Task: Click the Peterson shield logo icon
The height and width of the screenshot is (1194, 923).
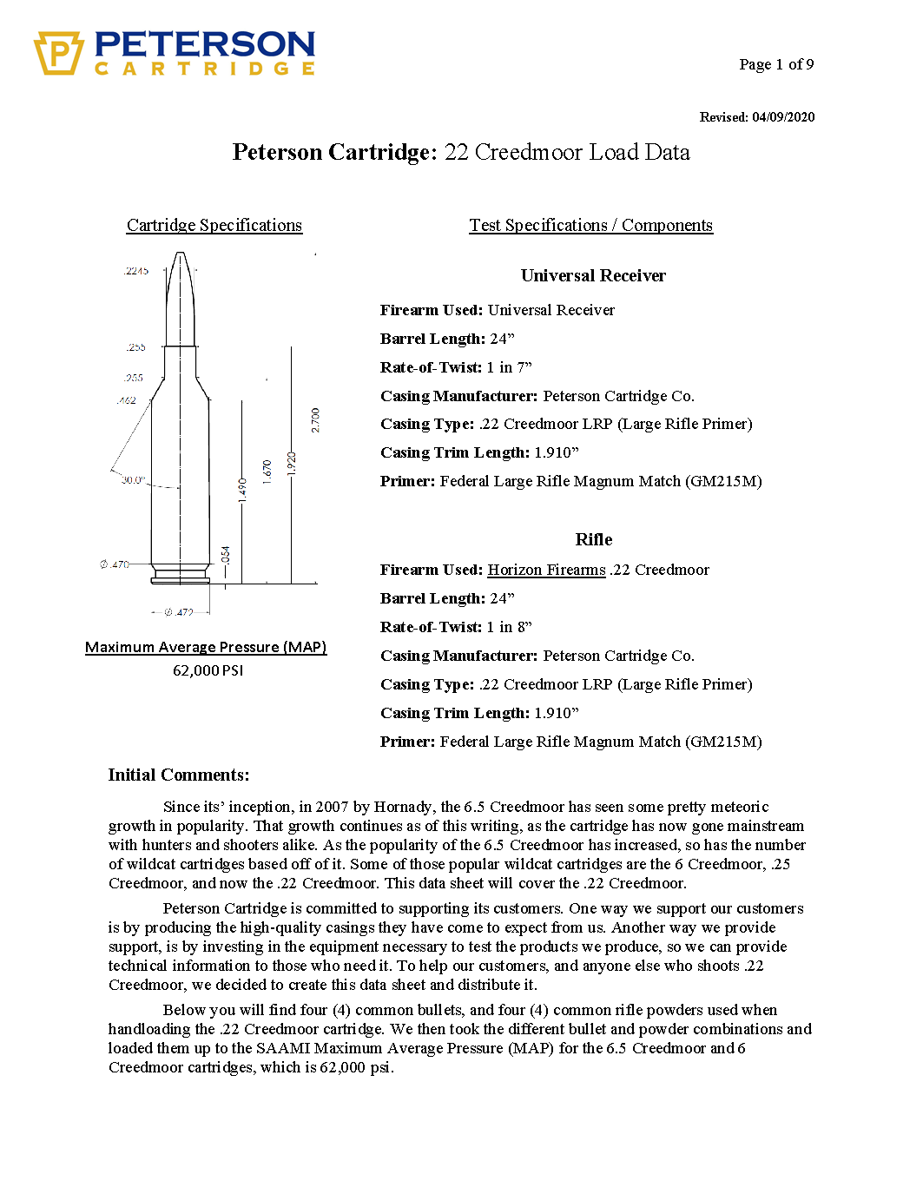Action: (58, 53)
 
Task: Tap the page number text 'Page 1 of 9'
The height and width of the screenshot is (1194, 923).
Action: (776, 64)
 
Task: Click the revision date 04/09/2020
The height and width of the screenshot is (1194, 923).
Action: (783, 117)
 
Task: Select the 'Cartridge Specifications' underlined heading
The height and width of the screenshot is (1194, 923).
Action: (214, 226)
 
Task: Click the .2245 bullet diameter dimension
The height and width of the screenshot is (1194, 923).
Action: (136, 271)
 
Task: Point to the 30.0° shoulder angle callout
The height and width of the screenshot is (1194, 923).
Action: (133, 479)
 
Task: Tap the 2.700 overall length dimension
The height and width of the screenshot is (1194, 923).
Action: (315, 420)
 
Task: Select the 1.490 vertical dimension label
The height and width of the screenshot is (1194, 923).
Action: (242, 490)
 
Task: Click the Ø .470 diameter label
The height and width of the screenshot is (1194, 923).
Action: (115, 564)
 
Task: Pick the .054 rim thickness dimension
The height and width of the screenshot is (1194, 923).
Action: (226, 555)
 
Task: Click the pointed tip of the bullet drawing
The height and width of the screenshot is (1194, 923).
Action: (180, 254)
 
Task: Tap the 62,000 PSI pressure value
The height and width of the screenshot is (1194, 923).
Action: (208, 670)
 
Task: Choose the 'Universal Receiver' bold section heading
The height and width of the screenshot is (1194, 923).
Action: (593, 276)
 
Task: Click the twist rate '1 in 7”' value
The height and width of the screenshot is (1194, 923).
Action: (509, 367)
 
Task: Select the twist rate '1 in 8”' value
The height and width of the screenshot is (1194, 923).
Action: (509, 627)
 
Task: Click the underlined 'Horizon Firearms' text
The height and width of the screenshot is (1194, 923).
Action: (546, 570)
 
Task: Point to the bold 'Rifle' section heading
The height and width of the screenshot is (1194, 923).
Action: (594, 539)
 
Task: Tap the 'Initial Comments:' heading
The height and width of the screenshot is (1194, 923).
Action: (178, 775)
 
